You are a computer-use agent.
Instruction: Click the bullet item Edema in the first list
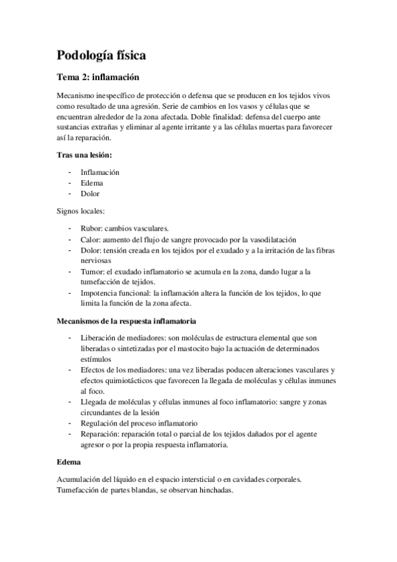[91, 182]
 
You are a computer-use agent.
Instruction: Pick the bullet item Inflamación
[99, 172]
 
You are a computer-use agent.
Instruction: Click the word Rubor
[90, 228]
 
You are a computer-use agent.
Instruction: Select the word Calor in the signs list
[90, 239]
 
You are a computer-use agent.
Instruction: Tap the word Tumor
[91, 272]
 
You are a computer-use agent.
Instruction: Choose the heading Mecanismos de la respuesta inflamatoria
[125, 321]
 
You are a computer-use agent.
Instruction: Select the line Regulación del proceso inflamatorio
[139, 423]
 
